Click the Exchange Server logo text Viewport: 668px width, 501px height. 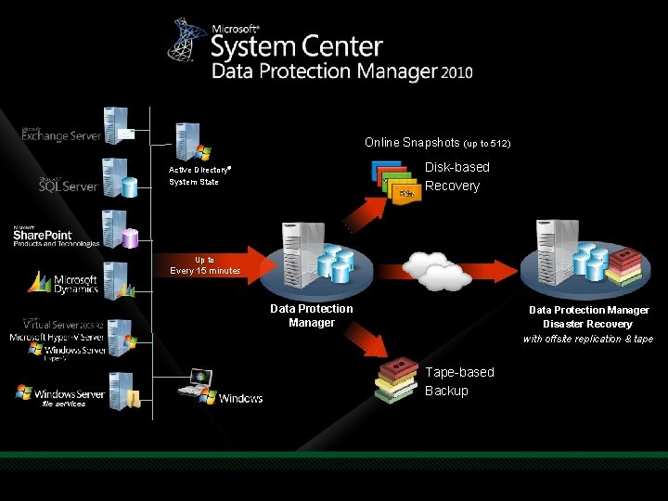[x=62, y=135]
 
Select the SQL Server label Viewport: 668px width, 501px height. [x=70, y=186]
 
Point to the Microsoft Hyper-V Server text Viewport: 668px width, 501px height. [x=58, y=337]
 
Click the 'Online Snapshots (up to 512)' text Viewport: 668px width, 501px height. [x=437, y=143]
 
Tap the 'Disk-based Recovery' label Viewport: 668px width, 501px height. [x=456, y=176]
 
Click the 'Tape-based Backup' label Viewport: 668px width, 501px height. [x=459, y=381]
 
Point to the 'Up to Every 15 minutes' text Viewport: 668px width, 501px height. [x=205, y=265]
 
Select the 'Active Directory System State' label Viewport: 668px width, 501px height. [x=199, y=176]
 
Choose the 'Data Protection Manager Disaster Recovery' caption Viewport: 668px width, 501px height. [x=588, y=324]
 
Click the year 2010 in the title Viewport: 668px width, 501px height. [x=456, y=71]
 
